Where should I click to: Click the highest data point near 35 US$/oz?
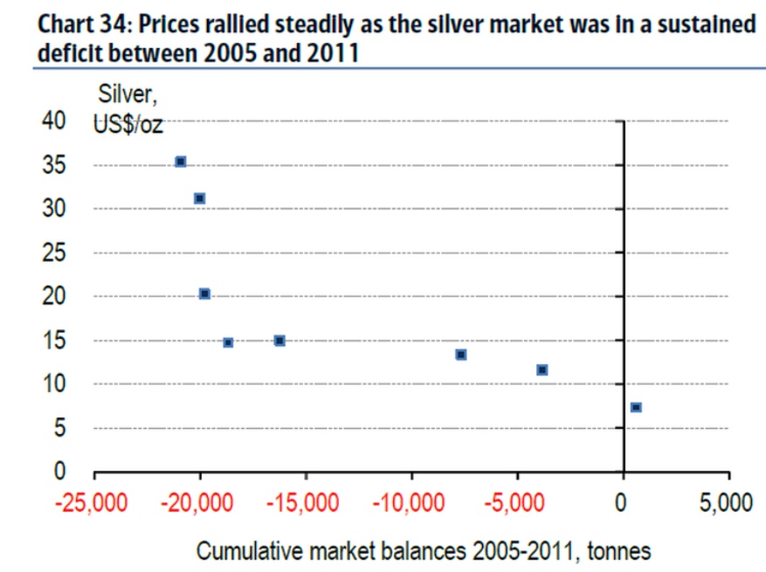tap(181, 162)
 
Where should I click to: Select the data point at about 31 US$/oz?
tap(199, 199)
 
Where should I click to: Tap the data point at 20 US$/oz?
tap(204, 294)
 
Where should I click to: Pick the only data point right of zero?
tap(636, 407)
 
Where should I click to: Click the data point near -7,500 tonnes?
tap(461, 355)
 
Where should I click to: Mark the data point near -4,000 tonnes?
tap(542, 370)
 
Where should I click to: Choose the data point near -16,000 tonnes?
tap(279, 341)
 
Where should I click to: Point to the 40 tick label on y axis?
tap(54, 121)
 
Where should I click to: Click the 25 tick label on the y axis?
tap(54, 253)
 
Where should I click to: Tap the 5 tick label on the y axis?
tap(60, 428)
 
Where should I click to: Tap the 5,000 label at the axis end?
tap(726, 504)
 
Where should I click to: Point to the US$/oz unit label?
tap(128, 123)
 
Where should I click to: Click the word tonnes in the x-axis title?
tap(618, 552)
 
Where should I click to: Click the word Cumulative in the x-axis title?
tap(246, 552)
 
